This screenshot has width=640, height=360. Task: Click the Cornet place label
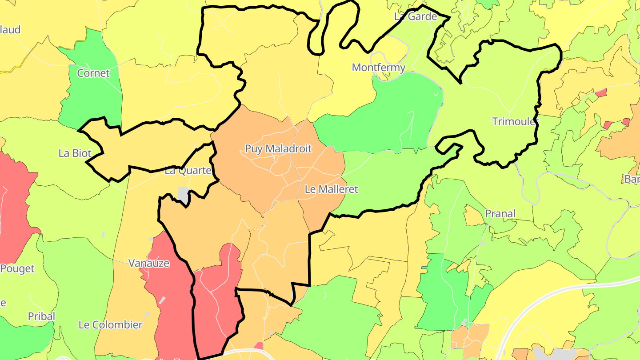[93, 73]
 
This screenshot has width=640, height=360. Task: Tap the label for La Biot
[75, 153]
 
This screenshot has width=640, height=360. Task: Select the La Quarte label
[188, 170]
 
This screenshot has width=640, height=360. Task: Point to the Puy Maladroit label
[279, 149]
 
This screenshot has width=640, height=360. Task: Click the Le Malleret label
[331, 189]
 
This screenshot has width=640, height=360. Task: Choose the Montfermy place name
[379, 68]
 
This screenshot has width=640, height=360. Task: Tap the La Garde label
[416, 16]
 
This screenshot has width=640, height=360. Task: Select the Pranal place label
[500, 214]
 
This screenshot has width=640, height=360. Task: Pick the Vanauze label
[149, 263]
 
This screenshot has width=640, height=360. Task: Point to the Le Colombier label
[111, 325]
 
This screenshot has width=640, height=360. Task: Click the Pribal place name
[42, 316]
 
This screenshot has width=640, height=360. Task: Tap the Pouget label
[17, 269]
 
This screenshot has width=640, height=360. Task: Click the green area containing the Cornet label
[91, 96]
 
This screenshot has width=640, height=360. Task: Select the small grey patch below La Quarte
[183, 193]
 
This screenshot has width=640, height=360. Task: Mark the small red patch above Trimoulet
[601, 93]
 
